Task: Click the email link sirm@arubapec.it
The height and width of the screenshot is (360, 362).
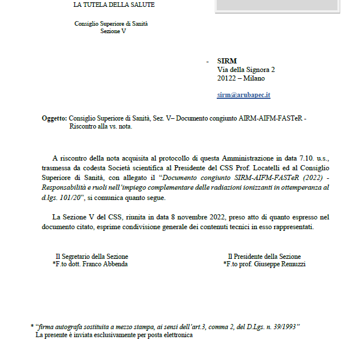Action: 244,95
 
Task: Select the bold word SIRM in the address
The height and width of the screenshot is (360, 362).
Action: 226,61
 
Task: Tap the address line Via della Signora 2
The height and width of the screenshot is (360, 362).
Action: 246,70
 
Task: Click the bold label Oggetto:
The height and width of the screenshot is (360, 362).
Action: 54,118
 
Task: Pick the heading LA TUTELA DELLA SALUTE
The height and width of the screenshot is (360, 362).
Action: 114,5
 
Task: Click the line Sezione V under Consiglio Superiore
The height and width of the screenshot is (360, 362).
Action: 113,31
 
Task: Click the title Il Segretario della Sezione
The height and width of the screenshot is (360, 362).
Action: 92,257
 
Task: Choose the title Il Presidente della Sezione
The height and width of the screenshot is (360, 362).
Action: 264,257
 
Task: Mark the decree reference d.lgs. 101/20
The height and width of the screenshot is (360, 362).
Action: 61,198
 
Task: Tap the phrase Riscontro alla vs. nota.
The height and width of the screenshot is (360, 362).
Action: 101,126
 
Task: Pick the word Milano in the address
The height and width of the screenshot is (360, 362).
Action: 254,78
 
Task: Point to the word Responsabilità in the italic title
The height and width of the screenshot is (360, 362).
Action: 64,188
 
